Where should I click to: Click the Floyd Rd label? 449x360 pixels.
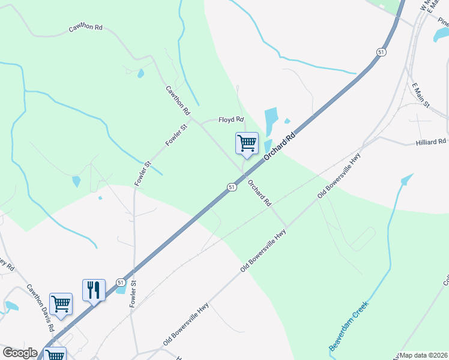pyautogui.click(x=231, y=119)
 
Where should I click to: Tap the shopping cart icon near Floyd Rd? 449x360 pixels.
pyautogui.click(x=247, y=143)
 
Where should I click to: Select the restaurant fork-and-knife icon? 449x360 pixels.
pyautogui.click(x=94, y=290)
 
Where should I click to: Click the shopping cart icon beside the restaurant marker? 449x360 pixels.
pyautogui.click(x=61, y=304)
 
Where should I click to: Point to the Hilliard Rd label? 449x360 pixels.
pyautogui.click(x=431, y=142)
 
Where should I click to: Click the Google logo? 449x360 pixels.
pyautogui.click(x=20, y=353)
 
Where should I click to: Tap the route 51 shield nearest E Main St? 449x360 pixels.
pyautogui.click(x=381, y=53)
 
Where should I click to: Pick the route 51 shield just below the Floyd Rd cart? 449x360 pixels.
pyautogui.click(x=231, y=187)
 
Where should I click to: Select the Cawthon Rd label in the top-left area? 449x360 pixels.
pyautogui.click(x=86, y=28)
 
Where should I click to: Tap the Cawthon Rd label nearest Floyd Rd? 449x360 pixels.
pyautogui.click(x=178, y=100)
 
